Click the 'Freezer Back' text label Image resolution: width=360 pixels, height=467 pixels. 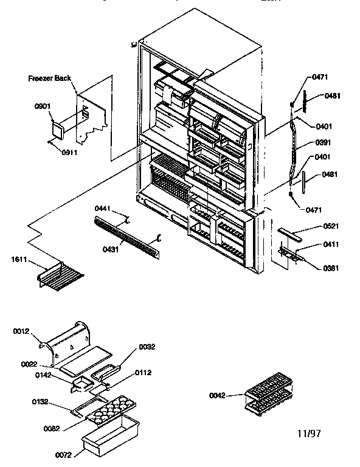50,78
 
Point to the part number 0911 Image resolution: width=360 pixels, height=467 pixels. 70,153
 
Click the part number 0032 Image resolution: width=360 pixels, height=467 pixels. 147,347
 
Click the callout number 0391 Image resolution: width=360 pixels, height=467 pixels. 324,143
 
